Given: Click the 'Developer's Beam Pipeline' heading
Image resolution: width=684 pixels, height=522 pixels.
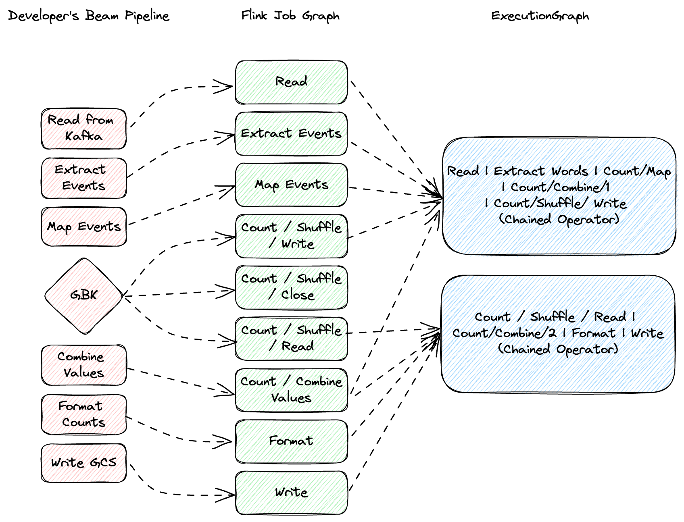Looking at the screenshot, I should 88,16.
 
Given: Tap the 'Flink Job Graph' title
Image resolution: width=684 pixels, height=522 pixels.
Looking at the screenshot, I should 290,16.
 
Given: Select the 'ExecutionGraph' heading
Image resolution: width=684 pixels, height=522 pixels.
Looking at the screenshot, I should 540,16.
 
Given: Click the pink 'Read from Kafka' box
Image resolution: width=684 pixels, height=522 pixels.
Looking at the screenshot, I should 83,128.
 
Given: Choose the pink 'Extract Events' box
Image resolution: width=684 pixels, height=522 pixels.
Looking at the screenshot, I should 83,178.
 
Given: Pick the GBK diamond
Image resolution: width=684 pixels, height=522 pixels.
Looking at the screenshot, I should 83,295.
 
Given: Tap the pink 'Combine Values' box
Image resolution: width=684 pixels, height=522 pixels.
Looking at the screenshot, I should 83,365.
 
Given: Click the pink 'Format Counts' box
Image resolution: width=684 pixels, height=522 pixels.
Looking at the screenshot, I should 83,414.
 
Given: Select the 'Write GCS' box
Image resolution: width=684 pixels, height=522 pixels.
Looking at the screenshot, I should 83,463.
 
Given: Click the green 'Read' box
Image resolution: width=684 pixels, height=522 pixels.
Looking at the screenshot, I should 291,82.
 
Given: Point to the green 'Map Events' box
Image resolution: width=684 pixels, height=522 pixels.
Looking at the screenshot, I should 291,185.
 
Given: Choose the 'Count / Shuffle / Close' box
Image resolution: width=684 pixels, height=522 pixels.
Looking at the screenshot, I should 291,287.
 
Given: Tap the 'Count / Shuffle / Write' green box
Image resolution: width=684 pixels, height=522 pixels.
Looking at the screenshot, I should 291,236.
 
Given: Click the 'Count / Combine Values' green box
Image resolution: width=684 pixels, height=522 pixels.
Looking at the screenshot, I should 291,390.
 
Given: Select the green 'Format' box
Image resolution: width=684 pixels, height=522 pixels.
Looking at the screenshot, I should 291,441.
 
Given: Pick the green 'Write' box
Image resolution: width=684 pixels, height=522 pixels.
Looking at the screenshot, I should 291,492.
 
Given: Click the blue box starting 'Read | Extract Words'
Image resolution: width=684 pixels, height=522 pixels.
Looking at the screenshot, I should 559,195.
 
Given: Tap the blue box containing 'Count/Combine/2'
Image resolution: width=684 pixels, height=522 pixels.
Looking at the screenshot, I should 558,334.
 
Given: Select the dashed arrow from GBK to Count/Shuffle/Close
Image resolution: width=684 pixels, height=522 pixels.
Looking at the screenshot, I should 177,293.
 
